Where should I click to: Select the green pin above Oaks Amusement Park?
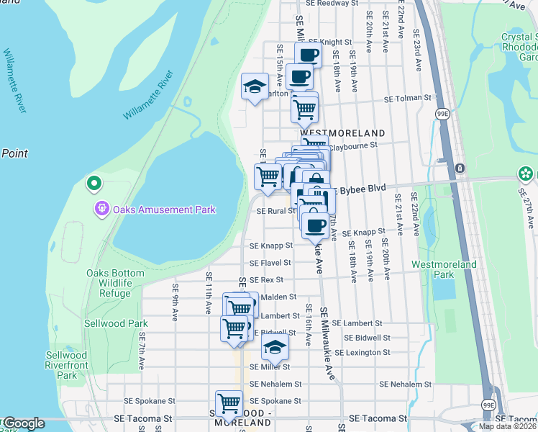pyautogui.click(x=93, y=184)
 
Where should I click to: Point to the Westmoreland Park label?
pyautogui.click(x=444, y=269)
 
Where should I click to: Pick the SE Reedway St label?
pyautogui.click(x=332, y=4)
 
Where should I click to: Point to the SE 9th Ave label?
pyautogui.click(x=175, y=295)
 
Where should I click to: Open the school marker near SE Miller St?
pyautogui.click(x=274, y=347)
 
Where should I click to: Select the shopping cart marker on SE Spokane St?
pyautogui.click(x=229, y=402)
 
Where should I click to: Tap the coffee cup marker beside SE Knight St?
pyautogui.click(x=308, y=54)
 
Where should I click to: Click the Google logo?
pyautogui.click(x=23, y=423)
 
